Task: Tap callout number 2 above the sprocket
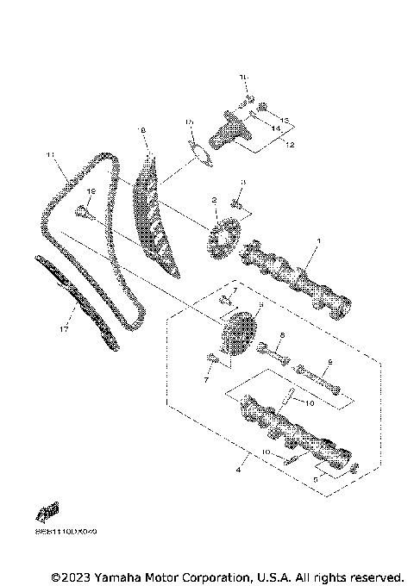[214, 200]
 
